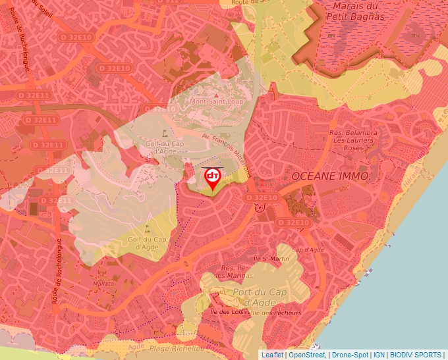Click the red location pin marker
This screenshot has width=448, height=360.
point(212,178)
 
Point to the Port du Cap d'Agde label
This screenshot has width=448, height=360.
point(258,297)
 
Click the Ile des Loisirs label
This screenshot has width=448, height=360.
point(225,312)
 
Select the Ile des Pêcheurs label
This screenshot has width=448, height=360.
point(275,313)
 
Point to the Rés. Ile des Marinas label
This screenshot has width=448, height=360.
point(233,271)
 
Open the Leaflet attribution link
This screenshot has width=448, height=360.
point(272,355)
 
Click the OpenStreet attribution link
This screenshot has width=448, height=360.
point(307,355)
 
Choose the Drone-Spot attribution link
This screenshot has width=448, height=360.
point(350,355)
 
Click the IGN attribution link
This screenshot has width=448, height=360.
point(379,355)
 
